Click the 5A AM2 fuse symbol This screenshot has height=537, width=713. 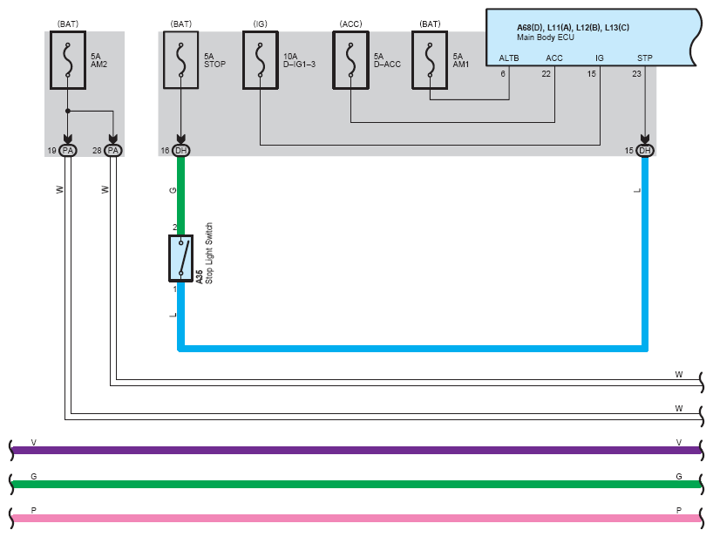pyautogui.click(x=68, y=60)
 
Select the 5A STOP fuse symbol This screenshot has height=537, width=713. pyautogui.click(x=181, y=60)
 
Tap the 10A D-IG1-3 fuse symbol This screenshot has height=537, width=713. pyautogui.click(x=260, y=60)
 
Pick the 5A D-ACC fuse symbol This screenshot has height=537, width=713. pyautogui.click(x=350, y=60)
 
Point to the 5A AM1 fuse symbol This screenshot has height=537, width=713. pyautogui.click(x=430, y=60)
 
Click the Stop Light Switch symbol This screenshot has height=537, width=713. pyautogui.click(x=181, y=258)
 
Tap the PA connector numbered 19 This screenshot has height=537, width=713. pyautogui.click(x=68, y=151)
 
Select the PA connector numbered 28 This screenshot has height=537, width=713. pyautogui.click(x=113, y=151)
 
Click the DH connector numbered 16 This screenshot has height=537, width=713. pyautogui.click(x=181, y=151)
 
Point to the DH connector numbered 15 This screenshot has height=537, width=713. pyautogui.click(x=645, y=151)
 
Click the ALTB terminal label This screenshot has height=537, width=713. pyautogui.click(x=509, y=58)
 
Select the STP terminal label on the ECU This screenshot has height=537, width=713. pyautogui.click(x=645, y=58)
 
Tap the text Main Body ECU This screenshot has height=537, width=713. pyautogui.click(x=545, y=37)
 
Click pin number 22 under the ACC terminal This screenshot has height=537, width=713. pyautogui.click(x=547, y=73)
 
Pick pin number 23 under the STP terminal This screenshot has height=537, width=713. pyautogui.click(x=636, y=73)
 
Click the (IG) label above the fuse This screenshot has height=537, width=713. pyautogui.click(x=260, y=24)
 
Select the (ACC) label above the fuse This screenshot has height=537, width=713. pyautogui.click(x=350, y=24)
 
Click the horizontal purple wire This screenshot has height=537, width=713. pyautogui.click(x=356, y=451)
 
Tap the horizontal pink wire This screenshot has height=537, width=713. pyautogui.click(x=356, y=519)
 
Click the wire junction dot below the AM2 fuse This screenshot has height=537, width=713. pyautogui.click(x=68, y=111)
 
